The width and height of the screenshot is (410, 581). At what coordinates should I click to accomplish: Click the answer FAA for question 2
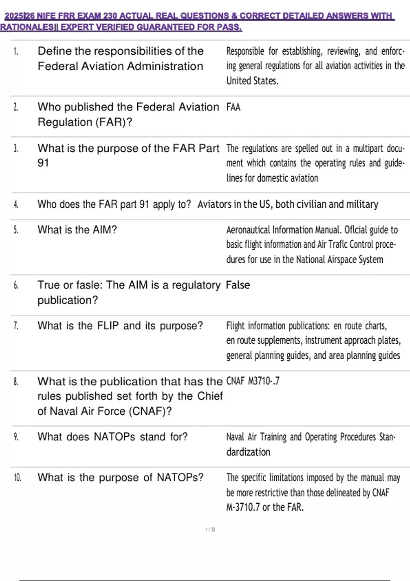click(x=233, y=107)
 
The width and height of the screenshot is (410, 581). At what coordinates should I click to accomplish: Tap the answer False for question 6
click(x=238, y=285)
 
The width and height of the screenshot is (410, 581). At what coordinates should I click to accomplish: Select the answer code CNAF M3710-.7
click(x=253, y=381)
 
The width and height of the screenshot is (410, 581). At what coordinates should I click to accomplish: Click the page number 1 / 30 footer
click(x=210, y=530)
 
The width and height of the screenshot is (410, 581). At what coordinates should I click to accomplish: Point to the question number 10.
click(x=17, y=477)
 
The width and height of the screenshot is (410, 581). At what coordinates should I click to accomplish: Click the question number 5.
click(x=16, y=230)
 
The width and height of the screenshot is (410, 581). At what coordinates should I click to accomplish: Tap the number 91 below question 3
click(x=43, y=163)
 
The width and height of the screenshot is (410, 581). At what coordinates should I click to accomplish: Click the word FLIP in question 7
click(x=108, y=326)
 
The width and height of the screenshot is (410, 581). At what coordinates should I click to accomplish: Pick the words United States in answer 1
click(x=252, y=81)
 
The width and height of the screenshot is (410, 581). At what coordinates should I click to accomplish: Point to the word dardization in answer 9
click(x=248, y=452)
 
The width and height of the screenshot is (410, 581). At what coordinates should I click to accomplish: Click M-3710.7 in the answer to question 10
click(x=243, y=507)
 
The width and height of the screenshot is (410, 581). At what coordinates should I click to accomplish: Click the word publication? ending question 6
click(x=68, y=300)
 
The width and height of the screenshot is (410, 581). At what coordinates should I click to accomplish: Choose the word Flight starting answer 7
click(x=235, y=326)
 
